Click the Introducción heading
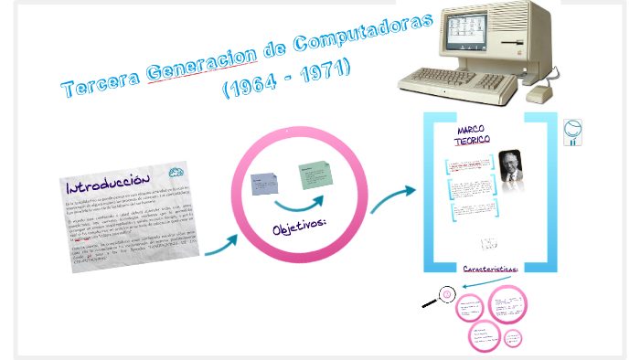107,179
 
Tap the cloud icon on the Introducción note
176,171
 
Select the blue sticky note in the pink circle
267,185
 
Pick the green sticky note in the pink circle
315,175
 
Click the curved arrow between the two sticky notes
302,203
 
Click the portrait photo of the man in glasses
510,168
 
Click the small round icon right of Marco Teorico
574,132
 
